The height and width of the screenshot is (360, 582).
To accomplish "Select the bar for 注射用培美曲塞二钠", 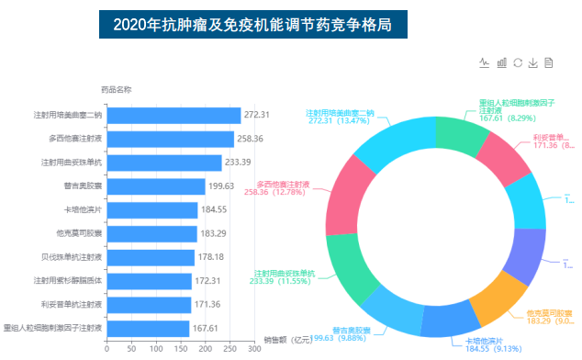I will (173, 115).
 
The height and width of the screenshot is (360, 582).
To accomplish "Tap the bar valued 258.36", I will (170, 139).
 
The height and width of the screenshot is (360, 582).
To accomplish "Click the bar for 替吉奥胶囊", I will (155, 186).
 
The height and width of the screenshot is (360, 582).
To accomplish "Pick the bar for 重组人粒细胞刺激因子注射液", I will (148, 328).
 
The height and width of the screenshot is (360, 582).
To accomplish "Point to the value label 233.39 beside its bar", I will (239, 163).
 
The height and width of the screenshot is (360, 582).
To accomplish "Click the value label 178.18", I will (212, 257).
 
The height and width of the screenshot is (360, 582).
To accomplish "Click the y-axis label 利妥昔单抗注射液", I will (73, 304).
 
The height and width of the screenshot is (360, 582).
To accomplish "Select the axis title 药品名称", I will (116, 90).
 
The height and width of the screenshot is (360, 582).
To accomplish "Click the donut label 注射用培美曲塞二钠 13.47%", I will (340, 117).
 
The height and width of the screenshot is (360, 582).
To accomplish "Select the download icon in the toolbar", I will (533, 62).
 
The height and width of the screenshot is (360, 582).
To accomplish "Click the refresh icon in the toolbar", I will (518, 62).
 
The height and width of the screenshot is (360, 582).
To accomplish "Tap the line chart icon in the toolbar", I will (485, 62).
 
